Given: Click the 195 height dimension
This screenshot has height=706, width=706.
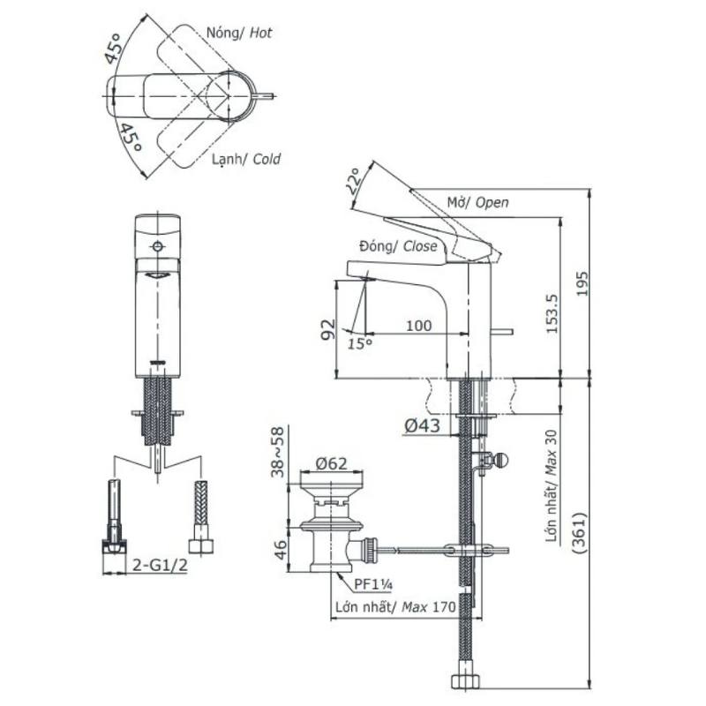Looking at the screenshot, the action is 582,283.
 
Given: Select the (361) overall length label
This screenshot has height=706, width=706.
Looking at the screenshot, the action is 580,533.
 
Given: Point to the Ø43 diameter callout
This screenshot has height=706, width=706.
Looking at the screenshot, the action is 422,425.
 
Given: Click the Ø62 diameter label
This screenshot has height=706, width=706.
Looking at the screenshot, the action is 332,463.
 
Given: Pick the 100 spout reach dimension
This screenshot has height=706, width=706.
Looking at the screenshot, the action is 418,326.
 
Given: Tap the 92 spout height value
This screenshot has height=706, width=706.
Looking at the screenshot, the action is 328,329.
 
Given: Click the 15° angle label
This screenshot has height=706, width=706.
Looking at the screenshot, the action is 360,344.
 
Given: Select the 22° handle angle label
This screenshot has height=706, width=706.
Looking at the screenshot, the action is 354,181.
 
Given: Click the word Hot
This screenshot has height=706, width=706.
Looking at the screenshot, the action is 260,33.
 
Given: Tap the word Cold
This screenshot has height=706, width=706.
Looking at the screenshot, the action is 267,159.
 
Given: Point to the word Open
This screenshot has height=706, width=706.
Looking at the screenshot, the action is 492,203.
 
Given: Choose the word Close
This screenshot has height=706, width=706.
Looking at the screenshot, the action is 420,246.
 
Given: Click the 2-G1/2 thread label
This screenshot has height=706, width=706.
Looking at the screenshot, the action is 160,565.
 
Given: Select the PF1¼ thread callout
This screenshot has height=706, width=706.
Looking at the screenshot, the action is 373,584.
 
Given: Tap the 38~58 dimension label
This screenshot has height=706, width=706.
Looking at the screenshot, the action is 278,452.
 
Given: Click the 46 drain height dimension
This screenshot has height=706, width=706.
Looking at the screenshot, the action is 280,550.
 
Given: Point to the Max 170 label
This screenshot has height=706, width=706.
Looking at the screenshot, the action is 429,607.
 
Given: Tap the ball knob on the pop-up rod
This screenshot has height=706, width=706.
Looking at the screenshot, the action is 500,460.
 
